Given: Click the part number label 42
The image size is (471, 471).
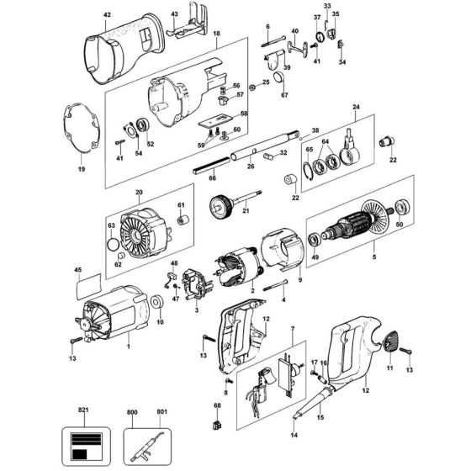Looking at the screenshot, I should click(x=106, y=16).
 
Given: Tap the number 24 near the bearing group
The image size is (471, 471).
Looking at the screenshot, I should click(x=356, y=108).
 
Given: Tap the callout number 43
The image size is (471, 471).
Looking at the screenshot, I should click(x=173, y=15).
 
